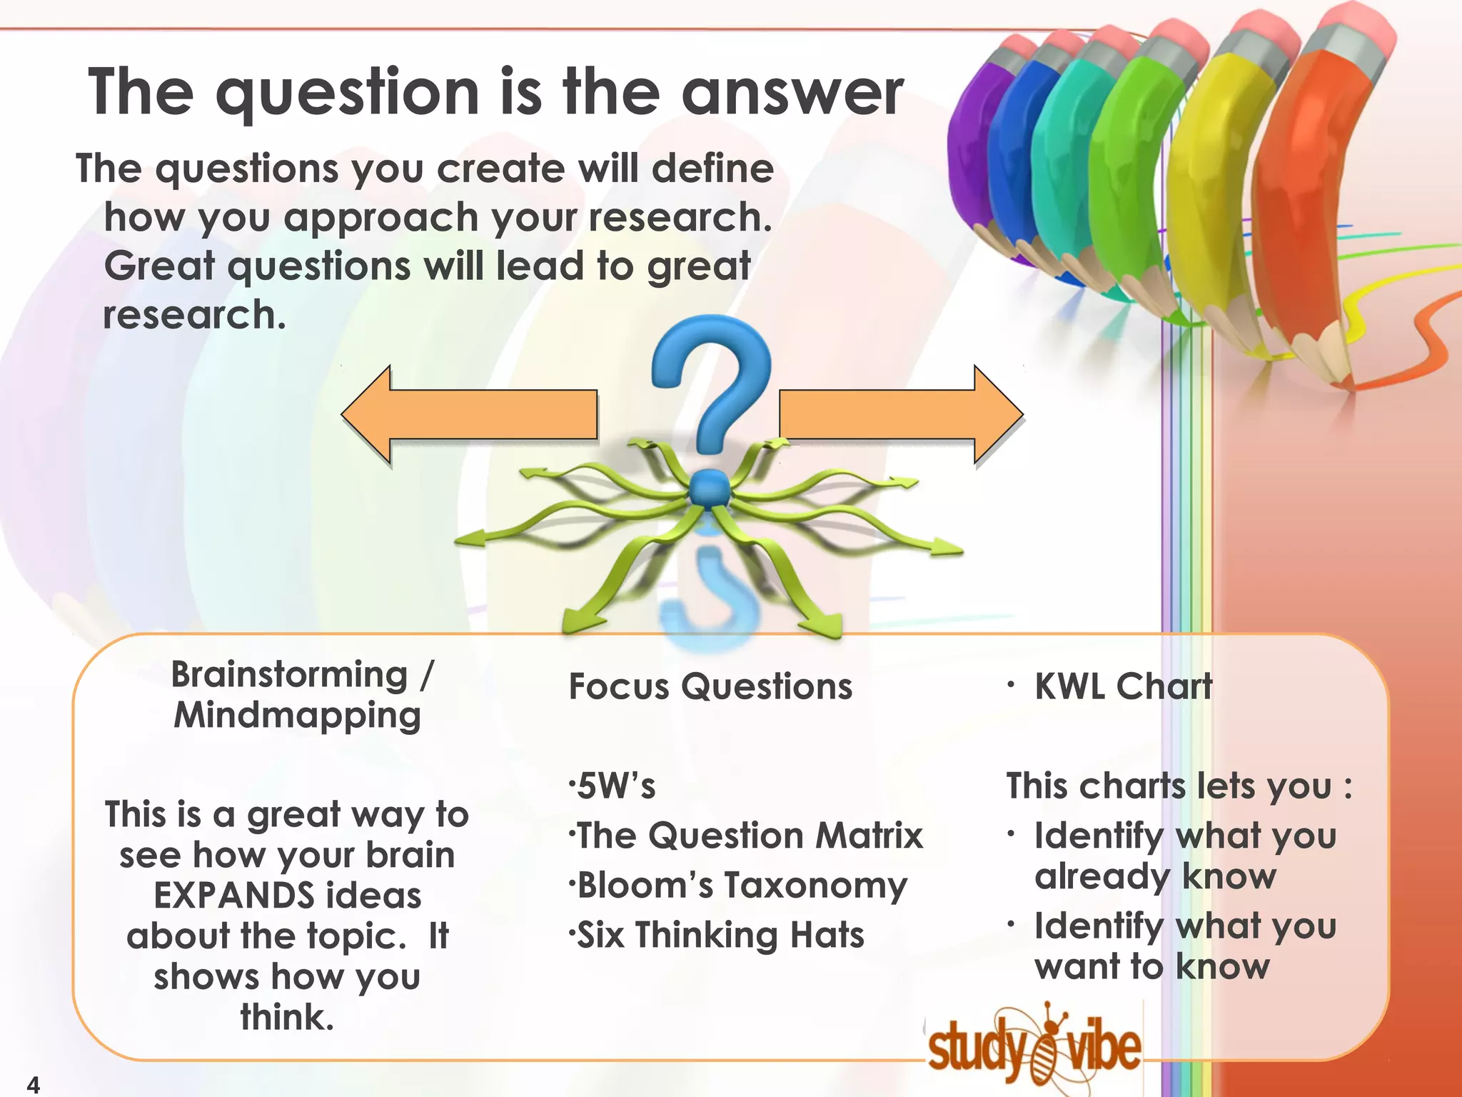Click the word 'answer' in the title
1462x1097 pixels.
click(792, 93)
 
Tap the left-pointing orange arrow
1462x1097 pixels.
click(471, 414)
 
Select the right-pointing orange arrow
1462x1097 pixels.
click(899, 414)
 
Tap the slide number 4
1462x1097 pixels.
click(33, 1084)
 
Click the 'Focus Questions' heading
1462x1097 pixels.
click(710, 687)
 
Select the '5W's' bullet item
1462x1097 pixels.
click(614, 786)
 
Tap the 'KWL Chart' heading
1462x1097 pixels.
click(1123, 687)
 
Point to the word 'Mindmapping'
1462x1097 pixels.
click(298, 716)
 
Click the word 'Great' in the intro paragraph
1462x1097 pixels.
click(159, 266)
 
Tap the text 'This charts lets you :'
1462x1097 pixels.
click(1178, 786)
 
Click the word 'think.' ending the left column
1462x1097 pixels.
click(287, 1017)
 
